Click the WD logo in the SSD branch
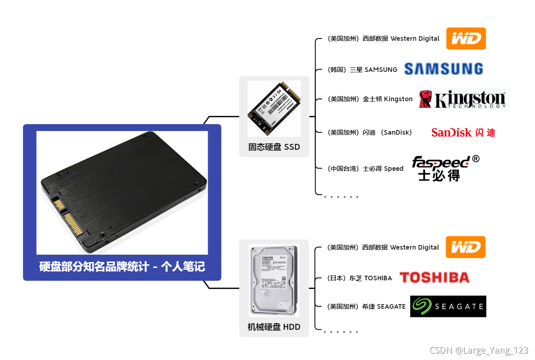tap(466, 38)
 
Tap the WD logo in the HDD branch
tap(465, 247)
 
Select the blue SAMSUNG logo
tap(443, 69)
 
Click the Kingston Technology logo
tap(463, 99)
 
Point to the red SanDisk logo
tap(463, 132)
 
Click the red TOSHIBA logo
tap(434, 278)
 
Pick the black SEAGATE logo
tap(448, 306)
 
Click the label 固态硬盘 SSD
tap(274, 147)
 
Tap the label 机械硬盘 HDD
tap(274, 327)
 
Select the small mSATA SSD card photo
tap(274, 109)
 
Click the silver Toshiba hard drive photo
tap(274, 280)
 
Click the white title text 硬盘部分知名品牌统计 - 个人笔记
tap(122, 267)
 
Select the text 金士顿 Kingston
tap(387, 99)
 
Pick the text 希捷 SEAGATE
tap(384, 306)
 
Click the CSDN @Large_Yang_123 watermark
tap(479, 350)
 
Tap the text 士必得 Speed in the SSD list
tap(383, 169)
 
